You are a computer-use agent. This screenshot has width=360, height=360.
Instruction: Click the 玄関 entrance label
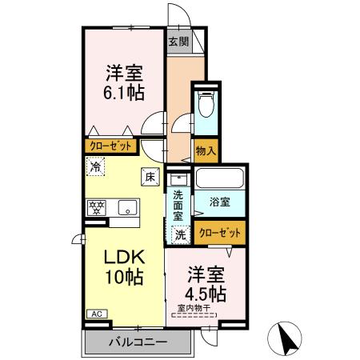pyautogui.click(x=178, y=42)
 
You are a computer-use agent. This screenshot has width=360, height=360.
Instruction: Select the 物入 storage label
pyautogui.click(x=206, y=150)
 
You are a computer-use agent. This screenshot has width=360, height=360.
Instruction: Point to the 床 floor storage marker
pyautogui.click(x=148, y=178)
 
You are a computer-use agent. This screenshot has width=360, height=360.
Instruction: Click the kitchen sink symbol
pyautogui.click(x=126, y=208)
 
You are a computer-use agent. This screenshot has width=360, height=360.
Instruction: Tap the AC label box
pyautogui.click(x=95, y=314)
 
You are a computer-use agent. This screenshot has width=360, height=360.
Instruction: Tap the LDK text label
pyautogui.click(x=123, y=259)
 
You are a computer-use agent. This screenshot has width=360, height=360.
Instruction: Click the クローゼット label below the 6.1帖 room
pyautogui.click(x=111, y=147)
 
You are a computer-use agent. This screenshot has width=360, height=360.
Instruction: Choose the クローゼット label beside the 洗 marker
pyautogui.click(x=218, y=233)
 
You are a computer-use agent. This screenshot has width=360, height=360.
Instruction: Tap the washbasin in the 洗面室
pyautogui.click(x=179, y=179)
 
